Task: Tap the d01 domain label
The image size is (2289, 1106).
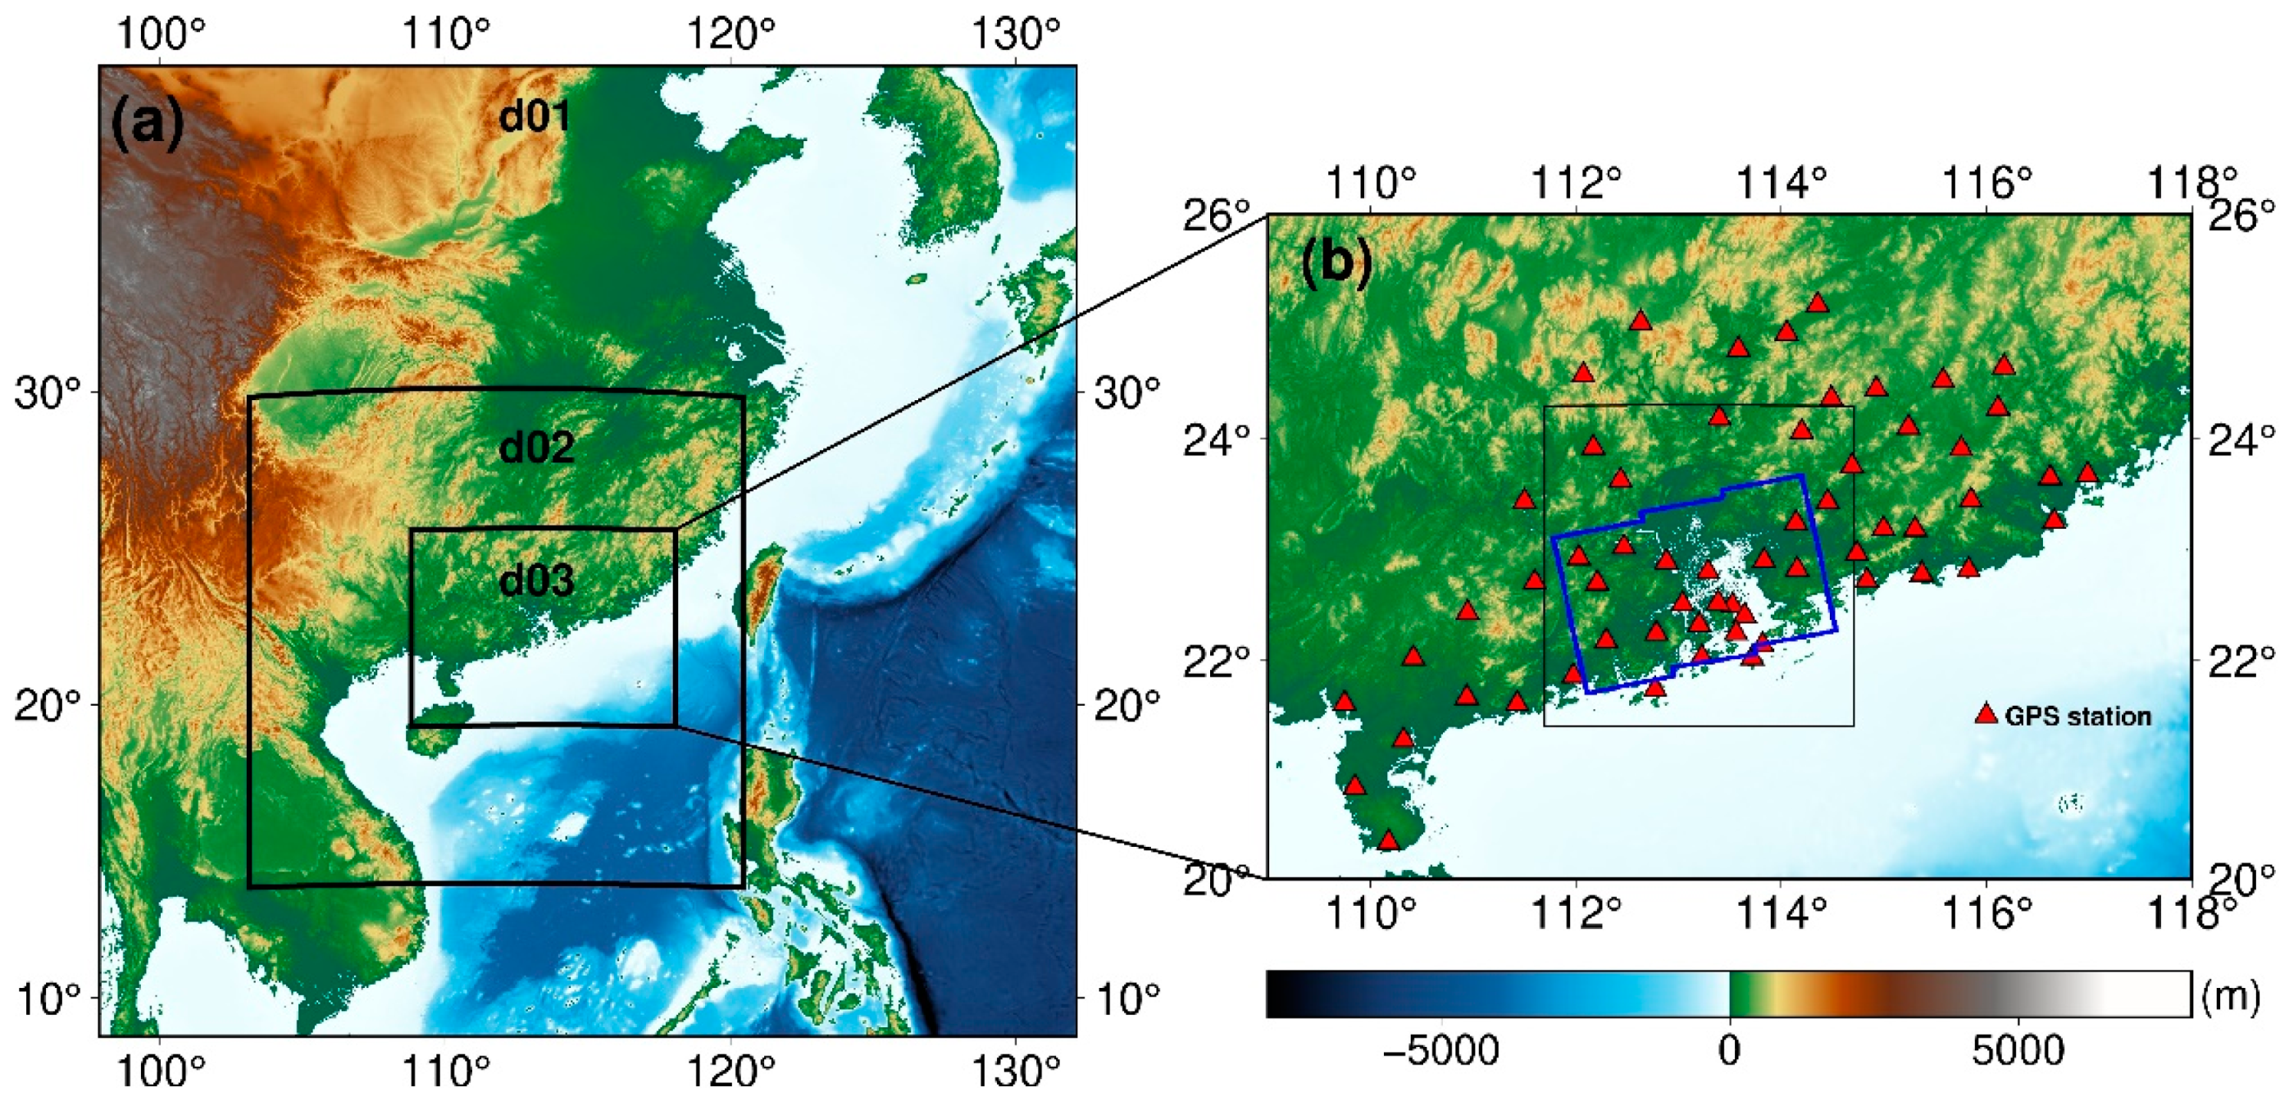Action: tap(535, 116)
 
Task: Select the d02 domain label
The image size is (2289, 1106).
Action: tap(537, 447)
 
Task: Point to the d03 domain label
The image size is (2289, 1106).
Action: tap(537, 581)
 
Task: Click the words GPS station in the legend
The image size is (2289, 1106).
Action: tap(2078, 716)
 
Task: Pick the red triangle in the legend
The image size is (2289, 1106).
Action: tap(1986, 714)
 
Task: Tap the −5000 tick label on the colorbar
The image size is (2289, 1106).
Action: tap(1441, 1052)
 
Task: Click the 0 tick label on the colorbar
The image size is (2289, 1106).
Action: tap(1729, 1052)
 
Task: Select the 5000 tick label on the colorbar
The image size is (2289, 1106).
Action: tap(2018, 1052)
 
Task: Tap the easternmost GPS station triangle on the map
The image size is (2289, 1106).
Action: tap(2087, 472)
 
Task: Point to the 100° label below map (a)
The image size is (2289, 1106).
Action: tap(161, 1073)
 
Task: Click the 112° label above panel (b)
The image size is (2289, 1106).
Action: tap(1577, 184)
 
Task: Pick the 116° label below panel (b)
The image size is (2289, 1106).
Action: tap(1986, 912)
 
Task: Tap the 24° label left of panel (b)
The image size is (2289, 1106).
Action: tap(1216, 439)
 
